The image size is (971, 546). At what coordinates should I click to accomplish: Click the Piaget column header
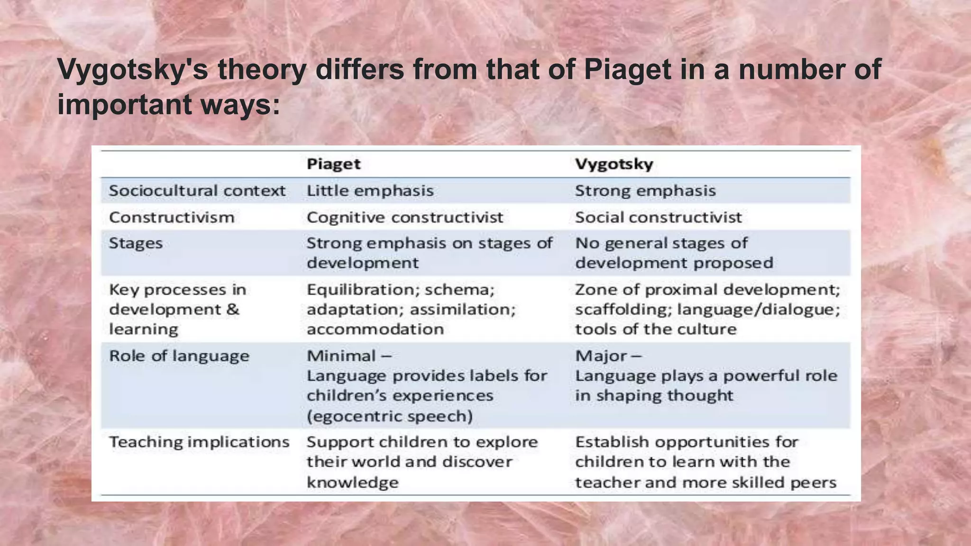pyautogui.click(x=333, y=164)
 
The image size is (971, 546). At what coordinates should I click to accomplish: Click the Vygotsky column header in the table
pyautogui.click(x=614, y=164)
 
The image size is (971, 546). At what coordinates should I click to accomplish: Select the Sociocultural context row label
pyautogui.click(x=197, y=191)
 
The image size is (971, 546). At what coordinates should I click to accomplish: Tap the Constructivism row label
pyautogui.click(x=172, y=217)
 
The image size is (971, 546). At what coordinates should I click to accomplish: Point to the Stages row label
pyautogui.click(x=136, y=243)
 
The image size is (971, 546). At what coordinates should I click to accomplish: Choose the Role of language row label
pyautogui.click(x=179, y=355)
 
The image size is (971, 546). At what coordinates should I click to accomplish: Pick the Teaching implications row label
pyautogui.click(x=199, y=442)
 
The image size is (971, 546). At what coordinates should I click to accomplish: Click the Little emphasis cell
pyautogui.click(x=370, y=191)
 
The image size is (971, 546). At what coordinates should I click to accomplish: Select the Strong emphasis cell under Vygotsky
pyautogui.click(x=645, y=191)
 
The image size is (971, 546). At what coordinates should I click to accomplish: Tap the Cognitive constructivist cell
pyautogui.click(x=404, y=217)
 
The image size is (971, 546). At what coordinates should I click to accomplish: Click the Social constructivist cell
pyautogui.click(x=658, y=217)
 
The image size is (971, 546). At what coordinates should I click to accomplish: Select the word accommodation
pyautogui.click(x=375, y=329)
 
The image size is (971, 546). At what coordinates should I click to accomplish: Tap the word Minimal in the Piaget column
pyautogui.click(x=341, y=355)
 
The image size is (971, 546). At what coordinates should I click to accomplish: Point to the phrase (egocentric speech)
pyautogui.click(x=390, y=416)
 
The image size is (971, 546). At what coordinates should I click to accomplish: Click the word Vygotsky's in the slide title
pyautogui.click(x=132, y=70)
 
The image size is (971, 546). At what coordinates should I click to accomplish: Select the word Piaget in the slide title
pyautogui.click(x=627, y=70)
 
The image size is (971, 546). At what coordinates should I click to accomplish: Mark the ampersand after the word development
pyautogui.click(x=232, y=309)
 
